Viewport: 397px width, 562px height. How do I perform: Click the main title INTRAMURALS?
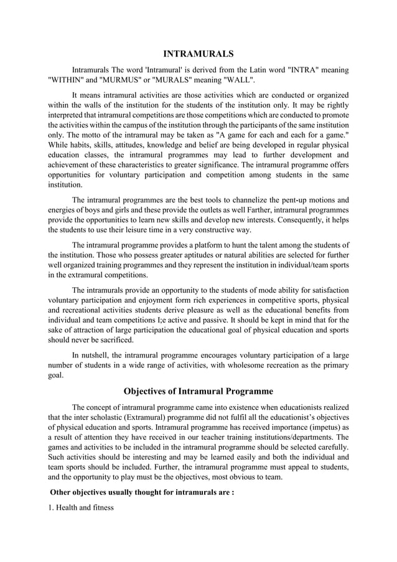pos(198,54)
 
